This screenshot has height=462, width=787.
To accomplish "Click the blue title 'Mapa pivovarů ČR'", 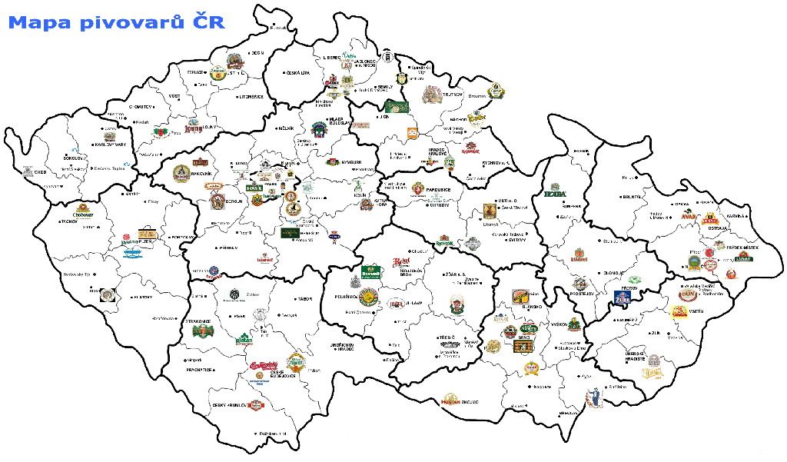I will [x=116, y=22].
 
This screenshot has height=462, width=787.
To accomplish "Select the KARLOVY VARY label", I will [x=109, y=144].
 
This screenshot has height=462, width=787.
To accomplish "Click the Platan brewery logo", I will [x=243, y=337].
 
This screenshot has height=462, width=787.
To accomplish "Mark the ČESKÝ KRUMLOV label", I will [x=229, y=405].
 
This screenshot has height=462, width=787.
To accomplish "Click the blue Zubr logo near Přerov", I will [x=621, y=298].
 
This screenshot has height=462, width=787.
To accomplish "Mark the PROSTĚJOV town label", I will [x=582, y=294].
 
